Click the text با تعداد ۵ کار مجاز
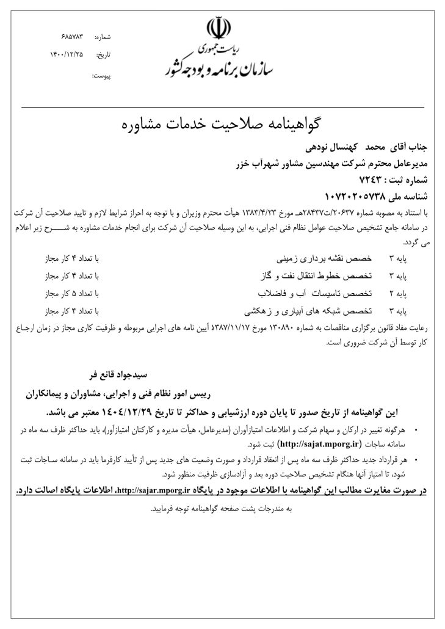(68, 293)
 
